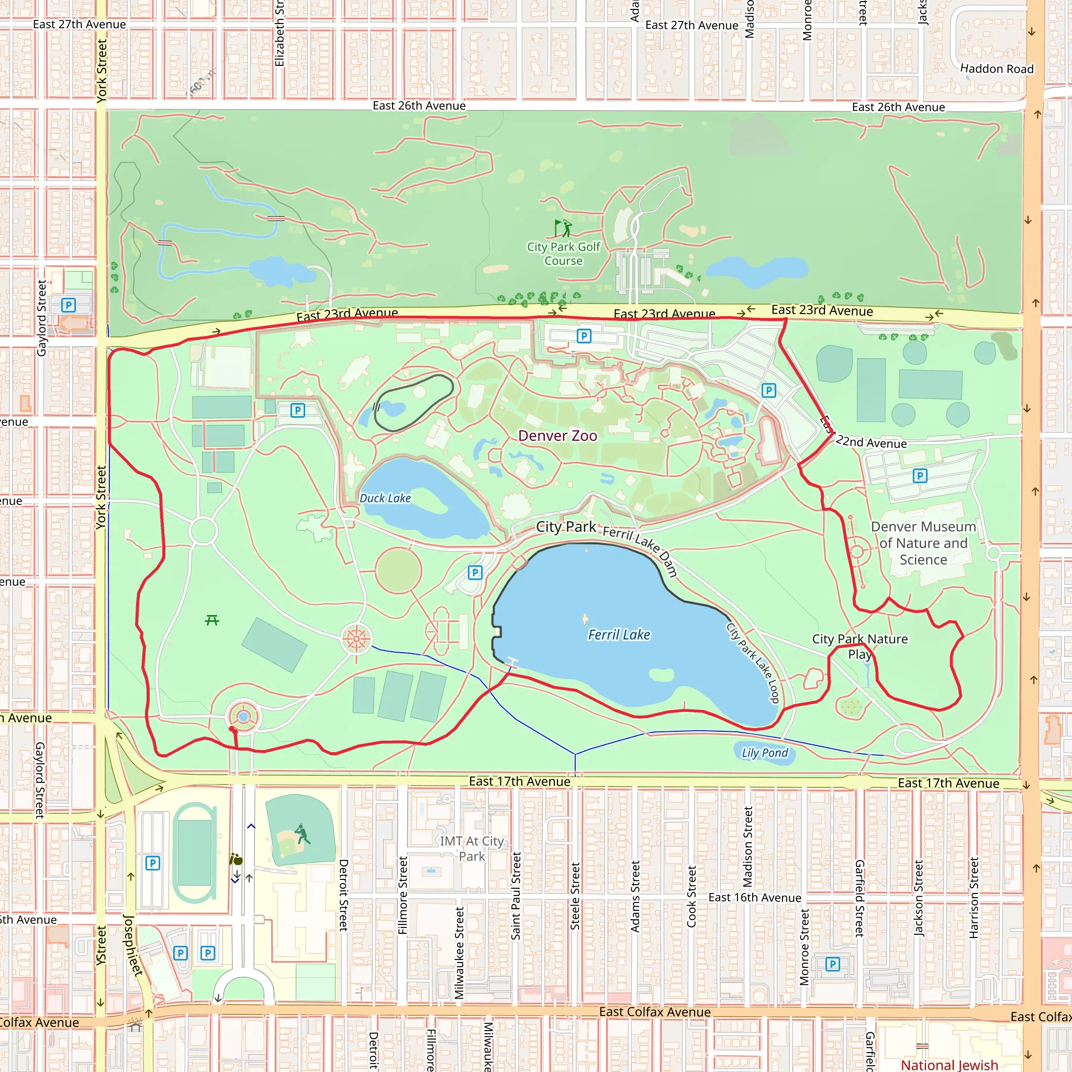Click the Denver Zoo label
pyautogui.click(x=557, y=435)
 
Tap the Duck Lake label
pyautogui.click(x=385, y=498)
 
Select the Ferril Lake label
pyautogui.click(x=619, y=634)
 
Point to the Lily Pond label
pyautogui.click(x=765, y=752)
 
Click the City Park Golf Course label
pyautogui.click(x=563, y=253)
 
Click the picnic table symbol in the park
pyautogui.click(x=212, y=620)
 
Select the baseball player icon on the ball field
pyautogui.click(x=302, y=833)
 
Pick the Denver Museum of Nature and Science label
pyautogui.click(x=923, y=543)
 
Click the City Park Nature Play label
pyautogui.click(x=859, y=646)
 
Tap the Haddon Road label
pyautogui.click(x=997, y=69)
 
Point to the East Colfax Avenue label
pyautogui.click(x=655, y=1011)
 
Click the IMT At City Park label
pyautogui.click(x=472, y=848)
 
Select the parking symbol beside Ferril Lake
pyautogui.click(x=475, y=572)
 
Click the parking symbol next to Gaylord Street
pyautogui.click(x=68, y=305)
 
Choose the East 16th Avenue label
pyautogui.click(x=755, y=897)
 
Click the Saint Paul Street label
pyautogui.click(x=516, y=896)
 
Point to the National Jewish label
pyautogui.click(x=950, y=1064)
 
